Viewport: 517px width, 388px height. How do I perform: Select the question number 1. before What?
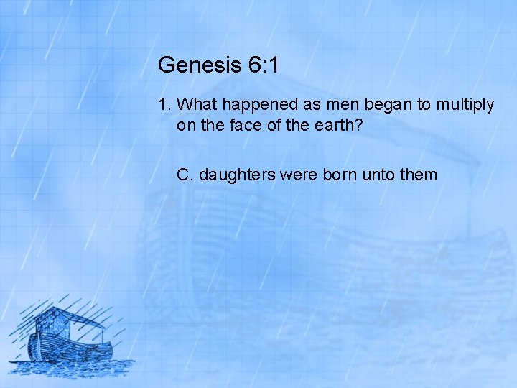[x=165, y=105]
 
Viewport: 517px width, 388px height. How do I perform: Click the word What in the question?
[x=195, y=105]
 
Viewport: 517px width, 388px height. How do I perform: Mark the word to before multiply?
[x=424, y=105]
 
